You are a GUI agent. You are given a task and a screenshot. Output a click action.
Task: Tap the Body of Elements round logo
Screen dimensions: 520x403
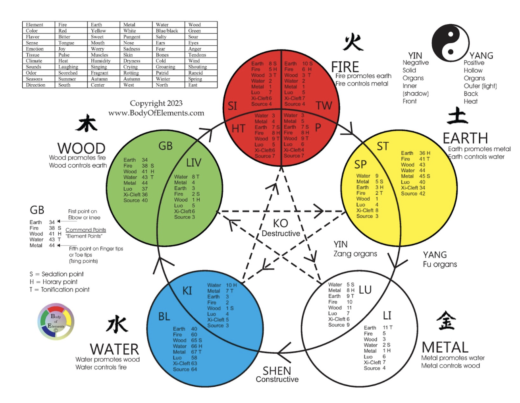click(56, 322)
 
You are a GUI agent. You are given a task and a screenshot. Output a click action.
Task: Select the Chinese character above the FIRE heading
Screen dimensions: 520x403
click(353, 43)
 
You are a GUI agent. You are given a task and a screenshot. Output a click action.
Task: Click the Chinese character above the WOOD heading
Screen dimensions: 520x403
click(87, 123)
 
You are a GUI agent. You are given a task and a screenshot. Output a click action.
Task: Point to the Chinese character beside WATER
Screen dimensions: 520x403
click(117, 324)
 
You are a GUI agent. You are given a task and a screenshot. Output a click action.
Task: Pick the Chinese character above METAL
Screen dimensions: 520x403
click(446, 321)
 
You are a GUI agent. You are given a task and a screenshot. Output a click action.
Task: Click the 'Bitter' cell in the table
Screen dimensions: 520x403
click(64, 37)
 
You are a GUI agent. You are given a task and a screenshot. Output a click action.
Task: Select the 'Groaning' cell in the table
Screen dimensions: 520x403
click(166, 67)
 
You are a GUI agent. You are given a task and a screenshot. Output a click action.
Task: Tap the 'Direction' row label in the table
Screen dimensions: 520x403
click(36, 85)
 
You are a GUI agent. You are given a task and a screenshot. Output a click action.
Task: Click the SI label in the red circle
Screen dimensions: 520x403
click(232, 106)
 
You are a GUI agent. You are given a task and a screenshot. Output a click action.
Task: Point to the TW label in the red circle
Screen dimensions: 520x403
click(324, 106)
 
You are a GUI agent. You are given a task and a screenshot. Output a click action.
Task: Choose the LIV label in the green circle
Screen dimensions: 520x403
click(194, 163)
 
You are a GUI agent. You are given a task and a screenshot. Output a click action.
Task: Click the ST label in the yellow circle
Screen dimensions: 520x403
click(383, 146)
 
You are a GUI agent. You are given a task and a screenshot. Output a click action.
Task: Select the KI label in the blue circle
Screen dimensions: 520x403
click(187, 291)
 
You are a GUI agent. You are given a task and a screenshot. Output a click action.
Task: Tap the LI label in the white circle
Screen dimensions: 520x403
click(387, 316)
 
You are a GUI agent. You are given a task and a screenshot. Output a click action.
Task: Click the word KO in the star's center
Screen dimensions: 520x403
click(280, 223)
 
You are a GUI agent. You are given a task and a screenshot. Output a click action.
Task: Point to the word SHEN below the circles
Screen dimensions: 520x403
click(277, 371)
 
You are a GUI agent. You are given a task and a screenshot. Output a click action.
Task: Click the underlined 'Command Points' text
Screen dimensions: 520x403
click(86, 230)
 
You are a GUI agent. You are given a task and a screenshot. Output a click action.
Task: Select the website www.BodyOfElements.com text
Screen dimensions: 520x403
click(156, 113)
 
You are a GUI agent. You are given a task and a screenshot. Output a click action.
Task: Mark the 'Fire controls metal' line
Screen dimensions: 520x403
click(362, 83)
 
